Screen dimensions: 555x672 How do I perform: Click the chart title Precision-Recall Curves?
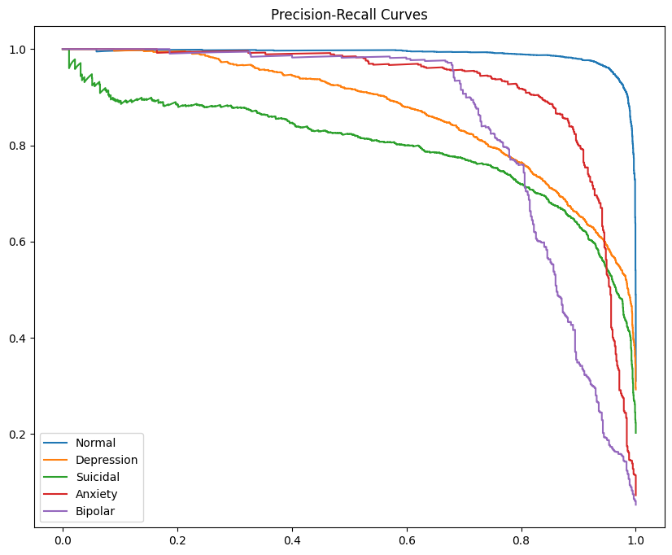(349, 14)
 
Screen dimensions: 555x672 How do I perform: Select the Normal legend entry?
(95, 444)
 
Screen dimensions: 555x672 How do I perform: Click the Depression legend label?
(107, 461)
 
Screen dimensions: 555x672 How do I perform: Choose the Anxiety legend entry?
(97, 494)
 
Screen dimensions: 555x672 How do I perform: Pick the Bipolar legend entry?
(96, 511)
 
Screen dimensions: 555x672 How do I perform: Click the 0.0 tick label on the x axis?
(63, 539)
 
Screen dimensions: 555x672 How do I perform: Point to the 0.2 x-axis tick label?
(177, 539)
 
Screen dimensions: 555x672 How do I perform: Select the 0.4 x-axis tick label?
(292, 539)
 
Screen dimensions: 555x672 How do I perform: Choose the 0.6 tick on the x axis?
(407, 539)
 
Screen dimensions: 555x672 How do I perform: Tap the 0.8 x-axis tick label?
(521, 539)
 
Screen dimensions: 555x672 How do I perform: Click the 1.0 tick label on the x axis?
(636, 539)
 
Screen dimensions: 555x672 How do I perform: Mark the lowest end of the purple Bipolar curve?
(635, 505)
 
